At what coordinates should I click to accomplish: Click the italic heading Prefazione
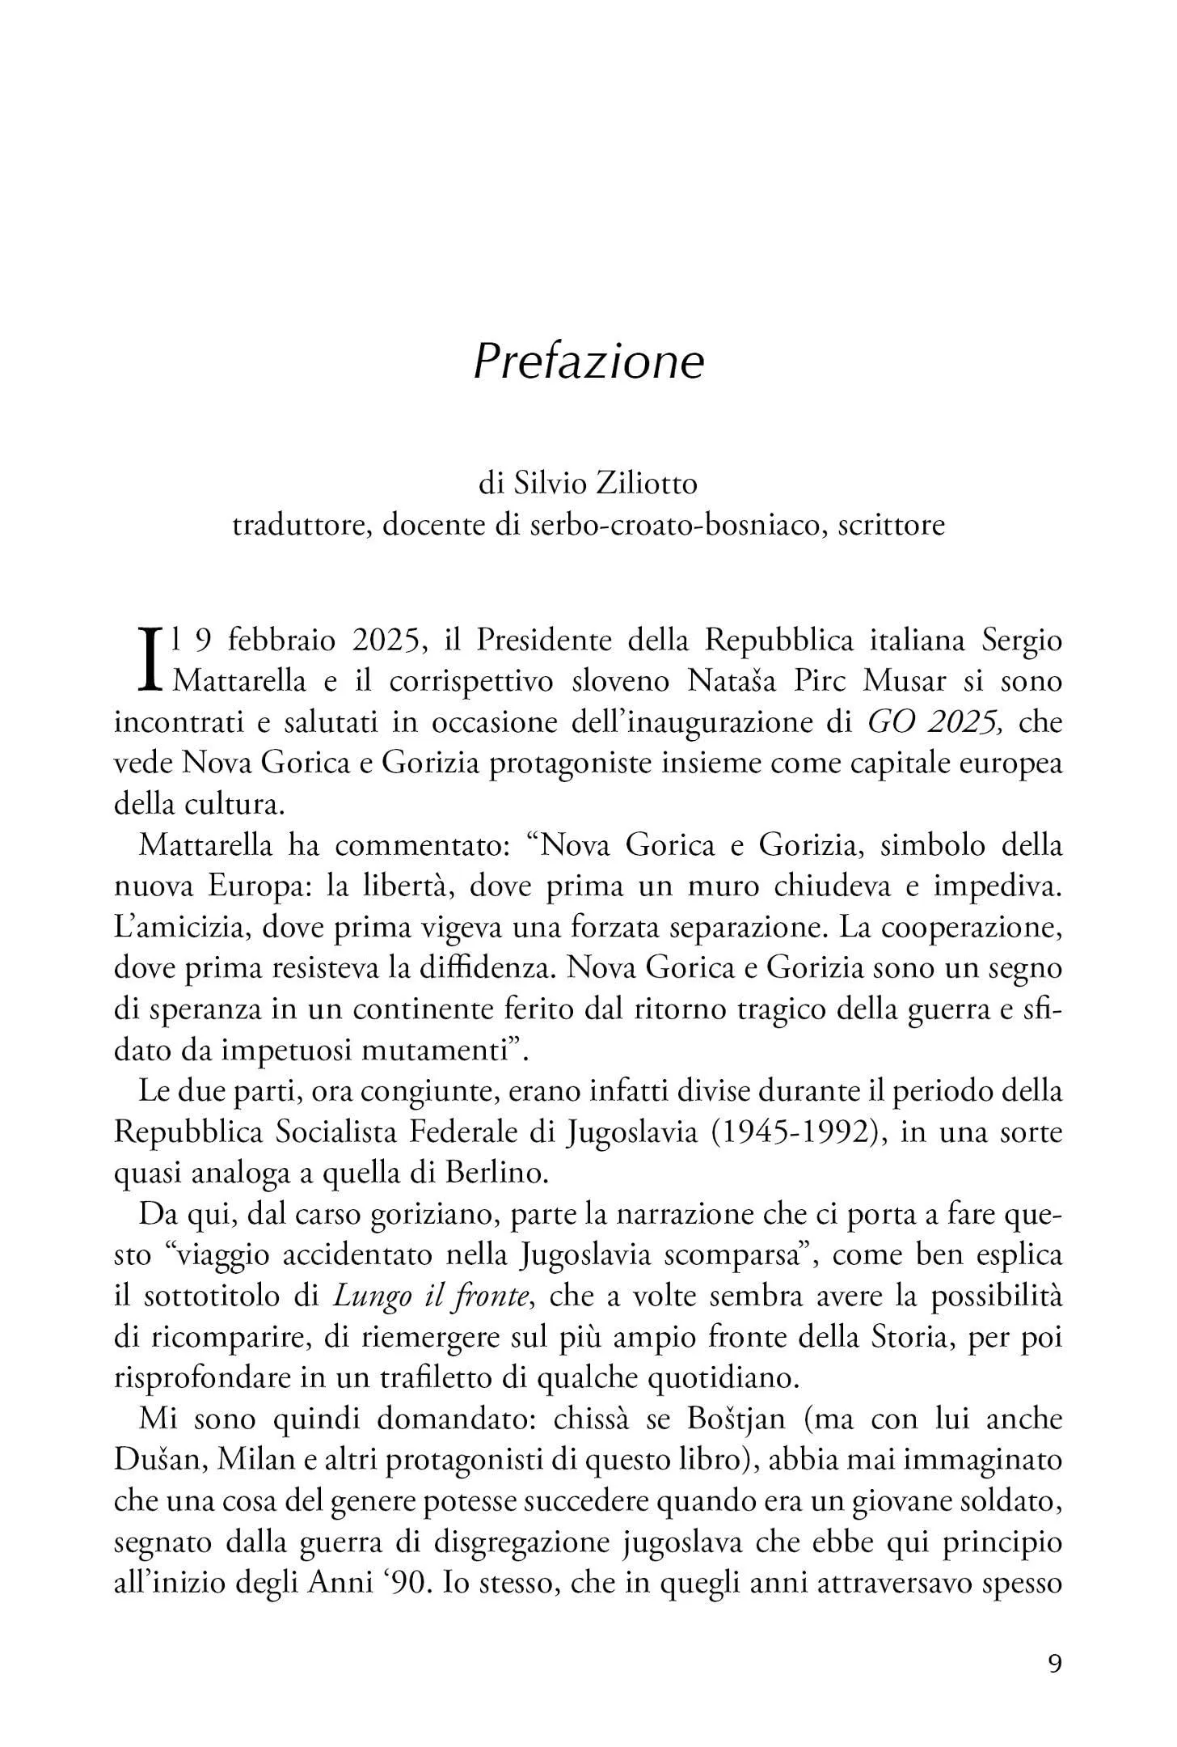588,362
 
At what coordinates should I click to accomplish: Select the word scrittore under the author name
892,525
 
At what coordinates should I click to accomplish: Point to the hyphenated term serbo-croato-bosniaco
678,525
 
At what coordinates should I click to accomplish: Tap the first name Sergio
1021,641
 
